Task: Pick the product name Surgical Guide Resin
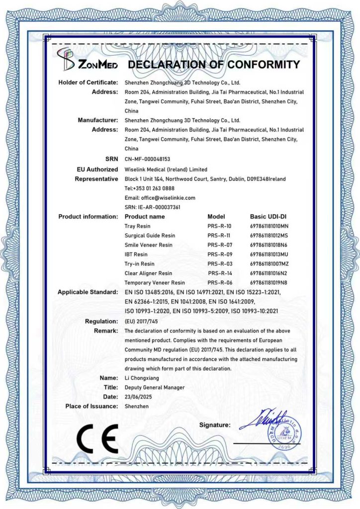tap(150, 236)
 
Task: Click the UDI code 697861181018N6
tap(269, 245)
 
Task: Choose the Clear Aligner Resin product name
tap(148, 273)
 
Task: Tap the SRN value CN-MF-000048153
tap(147, 159)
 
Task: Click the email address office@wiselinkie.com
tap(160, 198)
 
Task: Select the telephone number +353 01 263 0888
tap(149, 188)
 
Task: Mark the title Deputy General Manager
tap(154, 387)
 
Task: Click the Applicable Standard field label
tap(88, 292)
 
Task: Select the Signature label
tap(215, 425)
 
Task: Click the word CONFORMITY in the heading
tap(264, 65)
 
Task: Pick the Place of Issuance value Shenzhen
tap(136, 406)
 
